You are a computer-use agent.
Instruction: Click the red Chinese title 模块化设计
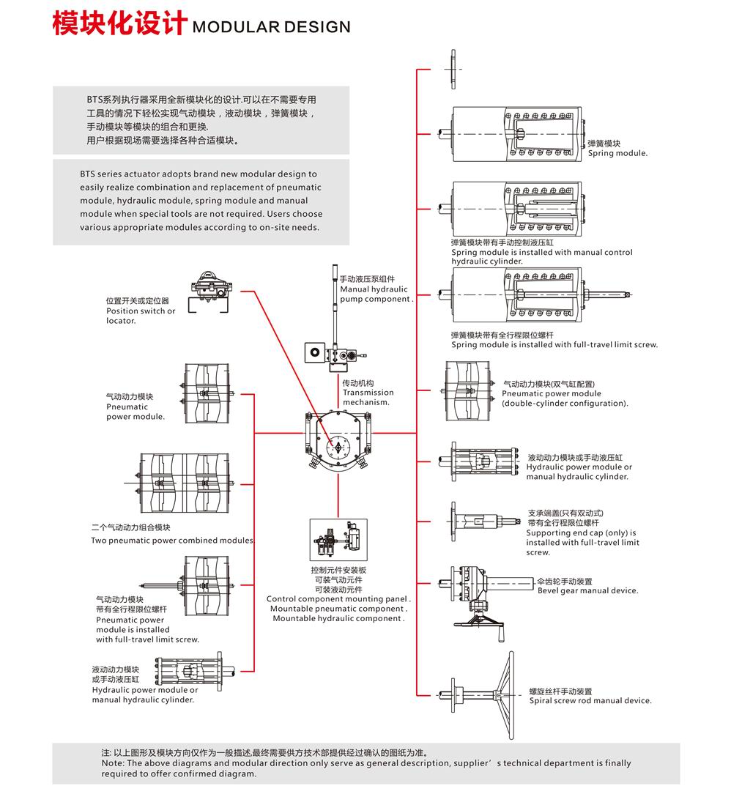tap(119, 23)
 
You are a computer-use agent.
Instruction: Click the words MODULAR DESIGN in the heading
tap(271, 27)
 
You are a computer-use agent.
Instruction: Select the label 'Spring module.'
tap(617, 154)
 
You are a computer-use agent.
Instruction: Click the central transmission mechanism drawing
tap(338, 442)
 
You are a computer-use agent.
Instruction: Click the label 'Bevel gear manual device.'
tap(587, 590)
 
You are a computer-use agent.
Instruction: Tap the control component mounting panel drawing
tap(338, 541)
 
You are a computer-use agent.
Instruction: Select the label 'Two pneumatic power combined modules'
tap(172, 541)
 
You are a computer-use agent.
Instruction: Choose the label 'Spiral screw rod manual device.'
tap(590, 700)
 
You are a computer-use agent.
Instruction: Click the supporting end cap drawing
tap(483, 522)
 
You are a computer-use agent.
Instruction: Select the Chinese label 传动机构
tap(358, 383)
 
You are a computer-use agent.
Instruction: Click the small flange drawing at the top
tap(453, 69)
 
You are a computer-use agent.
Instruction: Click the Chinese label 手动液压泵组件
tap(367, 279)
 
